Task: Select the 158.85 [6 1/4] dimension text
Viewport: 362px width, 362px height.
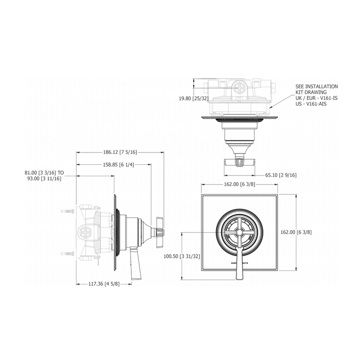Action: coord(114,165)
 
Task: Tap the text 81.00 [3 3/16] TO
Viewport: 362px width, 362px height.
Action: coord(45,172)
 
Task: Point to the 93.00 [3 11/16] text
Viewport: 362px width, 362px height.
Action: coord(45,178)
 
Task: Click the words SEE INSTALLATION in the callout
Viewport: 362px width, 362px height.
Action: coord(316,86)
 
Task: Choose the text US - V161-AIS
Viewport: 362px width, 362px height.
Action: coord(311,104)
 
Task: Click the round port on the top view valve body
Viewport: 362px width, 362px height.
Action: coord(239,87)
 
